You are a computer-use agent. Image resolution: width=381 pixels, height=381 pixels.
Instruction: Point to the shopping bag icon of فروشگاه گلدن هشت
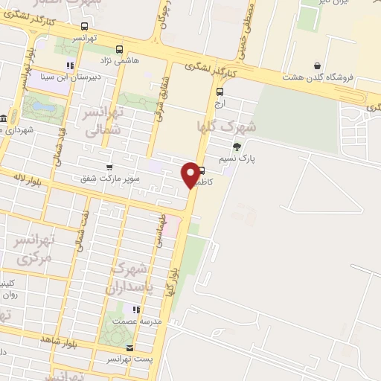318,65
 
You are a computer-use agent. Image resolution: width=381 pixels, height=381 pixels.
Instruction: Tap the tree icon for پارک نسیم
237,146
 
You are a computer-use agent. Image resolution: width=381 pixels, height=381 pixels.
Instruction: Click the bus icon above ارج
219,92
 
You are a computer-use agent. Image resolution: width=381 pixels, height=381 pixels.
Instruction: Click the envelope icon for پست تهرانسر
131,348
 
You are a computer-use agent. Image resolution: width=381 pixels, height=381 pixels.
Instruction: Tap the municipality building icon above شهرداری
4,119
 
